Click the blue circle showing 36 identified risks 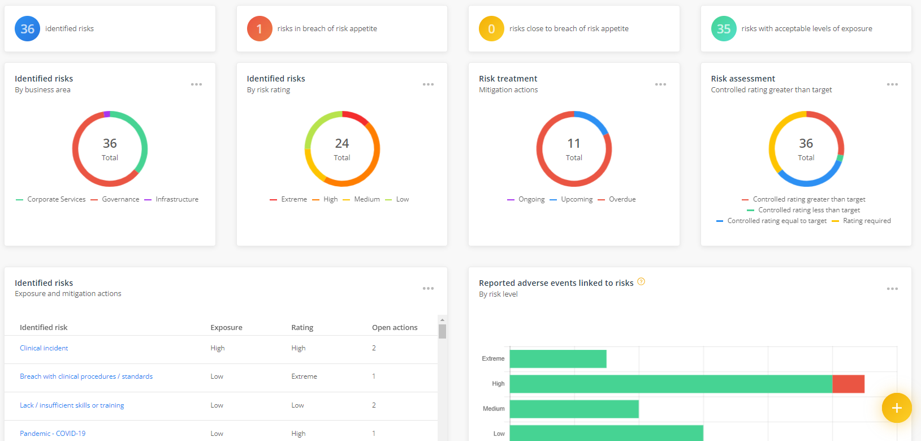click(27, 29)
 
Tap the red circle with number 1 click(260, 29)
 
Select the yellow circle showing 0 click(491, 29)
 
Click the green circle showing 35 click(724, 29)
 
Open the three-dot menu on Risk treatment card click(660, 84)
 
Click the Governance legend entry click(120, 199)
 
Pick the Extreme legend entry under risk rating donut click(293, 199)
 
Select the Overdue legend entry click(622, 199)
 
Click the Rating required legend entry click(866, 221)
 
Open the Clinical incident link click(44, 348)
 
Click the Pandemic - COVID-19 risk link click(53, 434)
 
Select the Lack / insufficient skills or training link click(72, 405)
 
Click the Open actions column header click(395, 327)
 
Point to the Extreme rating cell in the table click(304, 376)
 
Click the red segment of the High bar click(848, 384)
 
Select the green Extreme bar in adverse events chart click(558, 359)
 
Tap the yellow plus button click(896, 408)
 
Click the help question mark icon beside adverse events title click(641, 281)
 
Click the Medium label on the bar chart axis click(494, 409)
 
